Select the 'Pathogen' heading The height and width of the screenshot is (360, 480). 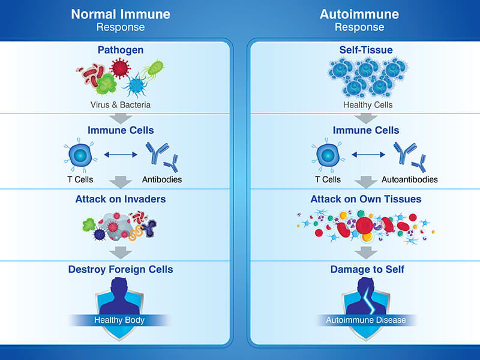121,50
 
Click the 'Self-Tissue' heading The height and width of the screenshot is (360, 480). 368,50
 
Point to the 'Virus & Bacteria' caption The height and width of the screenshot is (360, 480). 121,104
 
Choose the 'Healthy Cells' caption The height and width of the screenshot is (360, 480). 368,104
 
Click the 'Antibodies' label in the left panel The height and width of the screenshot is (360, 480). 162,179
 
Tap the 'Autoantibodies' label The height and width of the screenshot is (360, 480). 409,179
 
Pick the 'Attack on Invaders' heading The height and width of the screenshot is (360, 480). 121,199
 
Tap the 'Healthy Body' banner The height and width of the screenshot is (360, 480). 120,320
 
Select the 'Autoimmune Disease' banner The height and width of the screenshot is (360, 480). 366,320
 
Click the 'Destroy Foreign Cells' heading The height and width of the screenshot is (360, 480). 121,269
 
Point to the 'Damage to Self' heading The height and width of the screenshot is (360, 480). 367,269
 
